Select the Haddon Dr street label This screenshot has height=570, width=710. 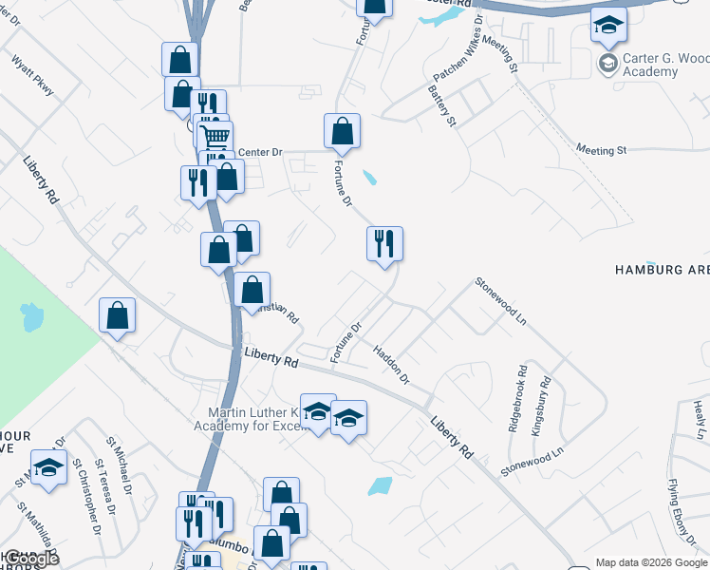click(x=390, y=365)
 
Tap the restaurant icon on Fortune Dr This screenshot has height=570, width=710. click(x=385, y=245)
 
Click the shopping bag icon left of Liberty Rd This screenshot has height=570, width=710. click(x=117, y=316)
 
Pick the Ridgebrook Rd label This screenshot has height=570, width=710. click(x=517, y=400)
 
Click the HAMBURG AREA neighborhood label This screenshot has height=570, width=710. click(x=663, y=270)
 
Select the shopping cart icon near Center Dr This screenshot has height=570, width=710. click(x=215, y=137)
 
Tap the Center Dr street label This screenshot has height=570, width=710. click(x=260, y=152)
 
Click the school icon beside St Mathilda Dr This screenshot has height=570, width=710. click(x=48, y=468)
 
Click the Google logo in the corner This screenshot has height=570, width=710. click(x=30, y=559)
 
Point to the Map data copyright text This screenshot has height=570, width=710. click(x=651, y=562)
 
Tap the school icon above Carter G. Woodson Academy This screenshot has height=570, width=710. click(x=608, y=26)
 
